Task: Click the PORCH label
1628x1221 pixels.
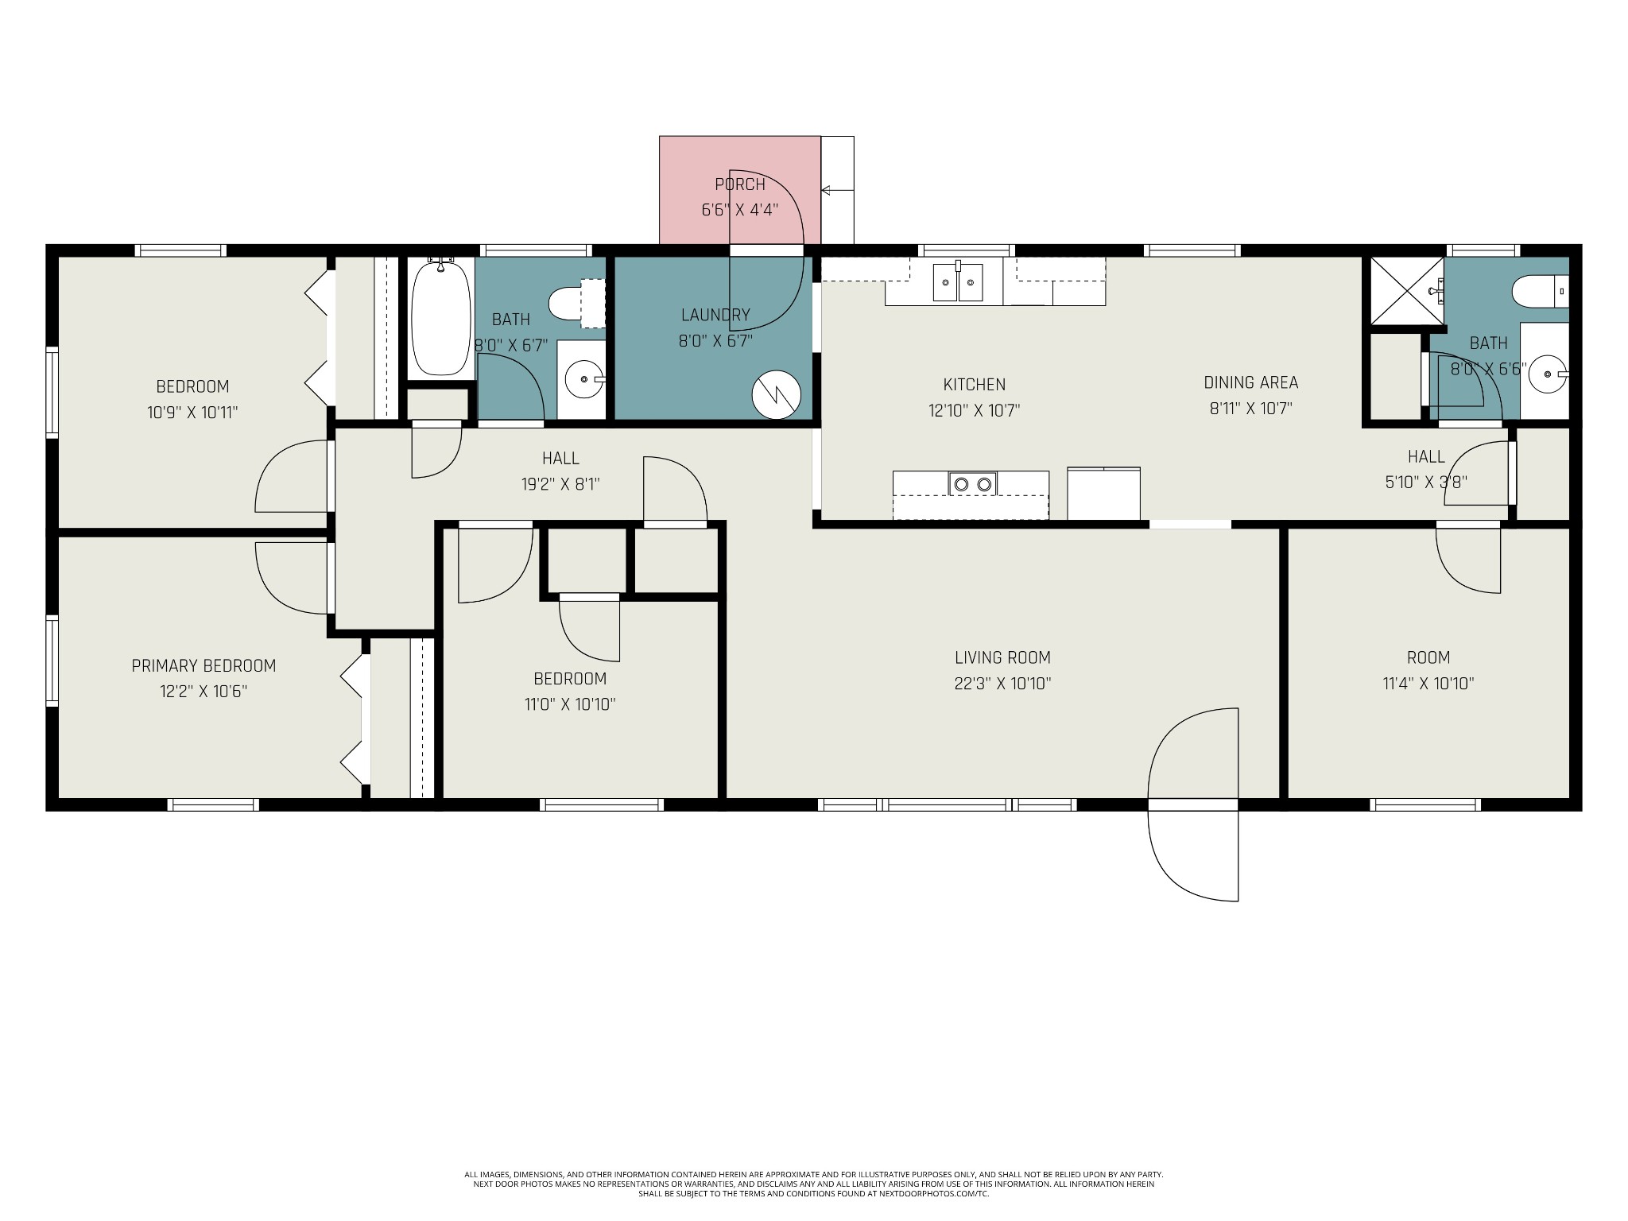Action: point(740,184)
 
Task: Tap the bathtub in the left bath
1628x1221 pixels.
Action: point(441,317)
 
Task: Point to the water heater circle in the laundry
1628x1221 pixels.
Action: point(775,395)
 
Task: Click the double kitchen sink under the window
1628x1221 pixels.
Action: point(958,282)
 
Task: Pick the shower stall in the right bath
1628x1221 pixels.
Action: point(1405,291)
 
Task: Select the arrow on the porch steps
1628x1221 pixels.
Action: point(837,190)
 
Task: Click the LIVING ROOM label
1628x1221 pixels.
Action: point(1002,657)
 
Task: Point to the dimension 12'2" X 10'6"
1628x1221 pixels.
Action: point(203,692)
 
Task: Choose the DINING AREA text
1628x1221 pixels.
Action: point(1251,382)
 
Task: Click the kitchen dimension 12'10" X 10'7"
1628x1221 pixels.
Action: point(974,410)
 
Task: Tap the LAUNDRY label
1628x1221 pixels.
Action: point(715,315)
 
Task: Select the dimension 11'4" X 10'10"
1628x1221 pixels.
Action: point(1428,684)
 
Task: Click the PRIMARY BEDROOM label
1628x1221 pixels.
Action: point(203,665)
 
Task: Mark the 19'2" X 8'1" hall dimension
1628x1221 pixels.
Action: point(560,483)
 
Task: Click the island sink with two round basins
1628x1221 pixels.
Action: point(972,483)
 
